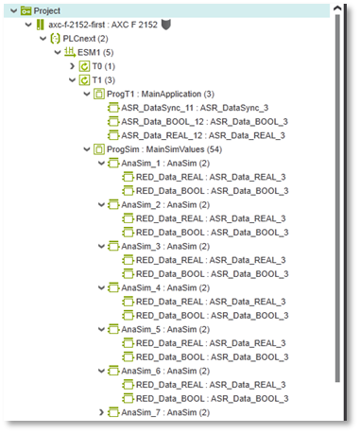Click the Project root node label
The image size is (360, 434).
click(46, 11)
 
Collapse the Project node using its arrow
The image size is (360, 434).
click(13, 11)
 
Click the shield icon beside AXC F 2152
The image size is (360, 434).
click(165, 25)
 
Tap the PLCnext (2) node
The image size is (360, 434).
click(85, 39)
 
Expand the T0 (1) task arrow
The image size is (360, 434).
click(72, 66)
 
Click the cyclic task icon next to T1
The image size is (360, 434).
click(84, 80)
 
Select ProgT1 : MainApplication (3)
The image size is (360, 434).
click(161, 94)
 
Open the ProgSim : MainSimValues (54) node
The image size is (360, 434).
click(164, 149)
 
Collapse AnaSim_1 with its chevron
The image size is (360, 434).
click(101, 164)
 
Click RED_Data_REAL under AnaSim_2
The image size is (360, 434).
click(169, 218)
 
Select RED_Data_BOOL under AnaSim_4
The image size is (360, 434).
click(170, 316)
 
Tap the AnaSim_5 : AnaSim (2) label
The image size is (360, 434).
click(165, 329)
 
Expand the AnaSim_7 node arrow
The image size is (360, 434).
click(101, 412)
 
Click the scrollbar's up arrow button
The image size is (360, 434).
click(337, 9)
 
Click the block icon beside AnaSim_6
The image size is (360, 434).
click(113, 371)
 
